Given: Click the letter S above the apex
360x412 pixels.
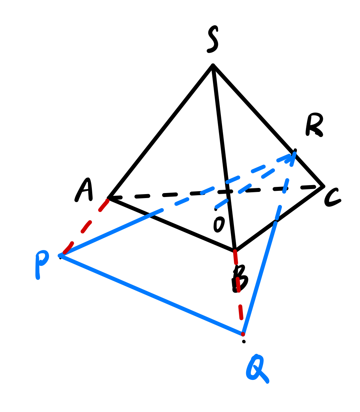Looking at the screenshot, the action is point(213,39).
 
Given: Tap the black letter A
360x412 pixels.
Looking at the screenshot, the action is point(84,190).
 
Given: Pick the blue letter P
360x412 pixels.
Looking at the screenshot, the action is point(41,264).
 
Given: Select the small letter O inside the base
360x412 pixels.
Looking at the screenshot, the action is point(219,225).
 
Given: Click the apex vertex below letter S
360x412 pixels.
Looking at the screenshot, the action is point(213,65).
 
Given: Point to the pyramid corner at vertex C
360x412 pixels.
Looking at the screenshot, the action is point(323,187).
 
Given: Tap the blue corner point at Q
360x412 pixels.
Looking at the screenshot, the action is point(243,334).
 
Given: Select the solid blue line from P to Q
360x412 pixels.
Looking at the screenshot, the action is point(151,294).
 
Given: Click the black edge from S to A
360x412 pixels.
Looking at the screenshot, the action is point(160,132).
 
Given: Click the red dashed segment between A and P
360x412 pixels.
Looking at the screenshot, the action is point(86,227).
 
